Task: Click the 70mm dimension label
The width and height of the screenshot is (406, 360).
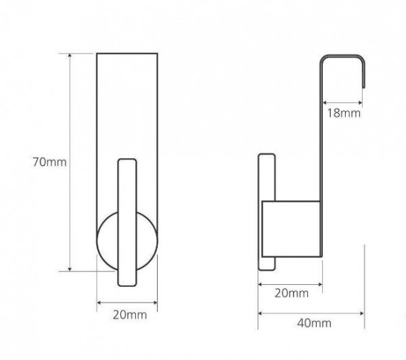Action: (x=49, y=162)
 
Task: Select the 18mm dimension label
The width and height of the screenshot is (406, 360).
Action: (x=344, y=113)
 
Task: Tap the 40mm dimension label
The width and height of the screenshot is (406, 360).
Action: (x=314, y=323)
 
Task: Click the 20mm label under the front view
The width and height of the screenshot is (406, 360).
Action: (x=130, y=315)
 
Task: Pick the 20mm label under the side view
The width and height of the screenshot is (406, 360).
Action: (x=292, y=293)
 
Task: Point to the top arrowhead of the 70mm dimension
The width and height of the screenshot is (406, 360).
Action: (x=70, y=55)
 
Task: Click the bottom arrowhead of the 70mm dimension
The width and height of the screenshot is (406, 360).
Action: (x=70, y=269)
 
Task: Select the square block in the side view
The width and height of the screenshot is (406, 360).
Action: (x=291, y=229)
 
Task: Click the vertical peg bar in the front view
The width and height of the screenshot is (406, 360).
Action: (x=127, y=223)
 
